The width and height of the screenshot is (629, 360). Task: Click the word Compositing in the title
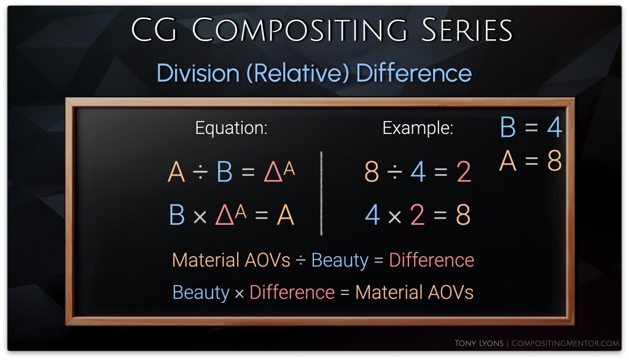[299, 29]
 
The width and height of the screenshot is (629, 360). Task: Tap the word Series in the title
[467, 29]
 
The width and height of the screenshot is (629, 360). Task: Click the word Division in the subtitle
[198, 73]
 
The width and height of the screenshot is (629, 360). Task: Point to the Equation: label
[231, 128]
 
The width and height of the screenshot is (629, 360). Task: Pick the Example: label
[418, 128]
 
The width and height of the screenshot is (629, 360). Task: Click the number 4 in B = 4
[555, 127]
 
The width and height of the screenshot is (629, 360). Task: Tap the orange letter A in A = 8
[507, 161]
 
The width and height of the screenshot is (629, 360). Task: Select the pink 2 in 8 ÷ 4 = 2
[463, 172]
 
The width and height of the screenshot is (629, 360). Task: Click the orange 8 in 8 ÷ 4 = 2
[372, 172]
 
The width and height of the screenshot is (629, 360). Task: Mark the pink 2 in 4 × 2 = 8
[417, 215]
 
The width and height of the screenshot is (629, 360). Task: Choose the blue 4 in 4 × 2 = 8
[373, 215]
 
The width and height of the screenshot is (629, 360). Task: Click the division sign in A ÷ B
[200, 173]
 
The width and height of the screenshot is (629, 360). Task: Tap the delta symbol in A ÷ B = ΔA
[273, 173]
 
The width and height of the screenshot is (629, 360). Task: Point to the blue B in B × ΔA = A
[177, 215]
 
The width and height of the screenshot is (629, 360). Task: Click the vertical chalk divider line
[321, 193]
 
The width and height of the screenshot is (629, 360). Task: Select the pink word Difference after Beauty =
[432, 260]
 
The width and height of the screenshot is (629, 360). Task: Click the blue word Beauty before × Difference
[201, 292]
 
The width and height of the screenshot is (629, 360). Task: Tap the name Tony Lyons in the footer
[479, 343]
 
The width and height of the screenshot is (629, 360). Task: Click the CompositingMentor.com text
[565, 343]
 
